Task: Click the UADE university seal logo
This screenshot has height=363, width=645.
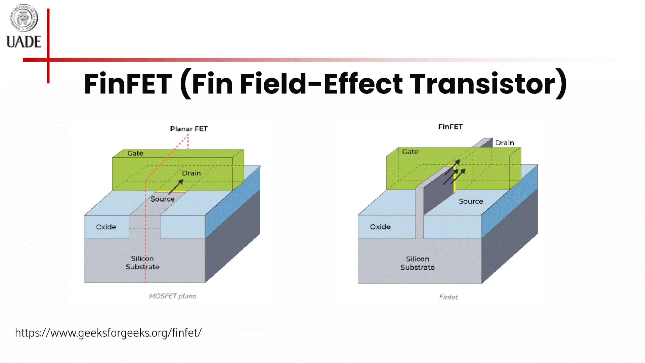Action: click(24, 18)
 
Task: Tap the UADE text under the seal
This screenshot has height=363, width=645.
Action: click(24, 42)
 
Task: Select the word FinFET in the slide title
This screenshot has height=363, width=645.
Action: click(128, 84)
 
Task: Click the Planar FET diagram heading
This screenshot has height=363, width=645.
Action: click(189, 129)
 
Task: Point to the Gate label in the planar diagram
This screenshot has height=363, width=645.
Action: click(135, 153)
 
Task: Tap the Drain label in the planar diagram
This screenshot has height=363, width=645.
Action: click(191, 173)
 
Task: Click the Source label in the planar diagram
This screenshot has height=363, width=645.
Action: click(163, 199)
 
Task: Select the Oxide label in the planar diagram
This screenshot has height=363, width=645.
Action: click(106, 227)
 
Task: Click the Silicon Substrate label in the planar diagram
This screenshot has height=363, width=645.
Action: click(142, 263)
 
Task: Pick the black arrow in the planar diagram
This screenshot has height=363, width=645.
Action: click(176, 187)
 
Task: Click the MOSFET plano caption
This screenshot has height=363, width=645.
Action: click(173, 296)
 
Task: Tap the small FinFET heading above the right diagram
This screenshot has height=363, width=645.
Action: click(450, 127)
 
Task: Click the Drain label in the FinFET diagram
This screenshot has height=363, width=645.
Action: click(505, 143)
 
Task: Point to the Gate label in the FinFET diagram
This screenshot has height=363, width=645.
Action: click(410, 152)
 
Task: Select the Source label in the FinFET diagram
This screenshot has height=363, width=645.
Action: click(471, 201)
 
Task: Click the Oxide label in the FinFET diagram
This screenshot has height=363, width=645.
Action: click(380, 227)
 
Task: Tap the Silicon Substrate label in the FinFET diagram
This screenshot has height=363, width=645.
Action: click(418, 263)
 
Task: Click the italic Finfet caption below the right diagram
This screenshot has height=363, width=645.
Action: click(448, 297)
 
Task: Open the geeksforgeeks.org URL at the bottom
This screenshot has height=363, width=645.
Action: click(108, 333)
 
